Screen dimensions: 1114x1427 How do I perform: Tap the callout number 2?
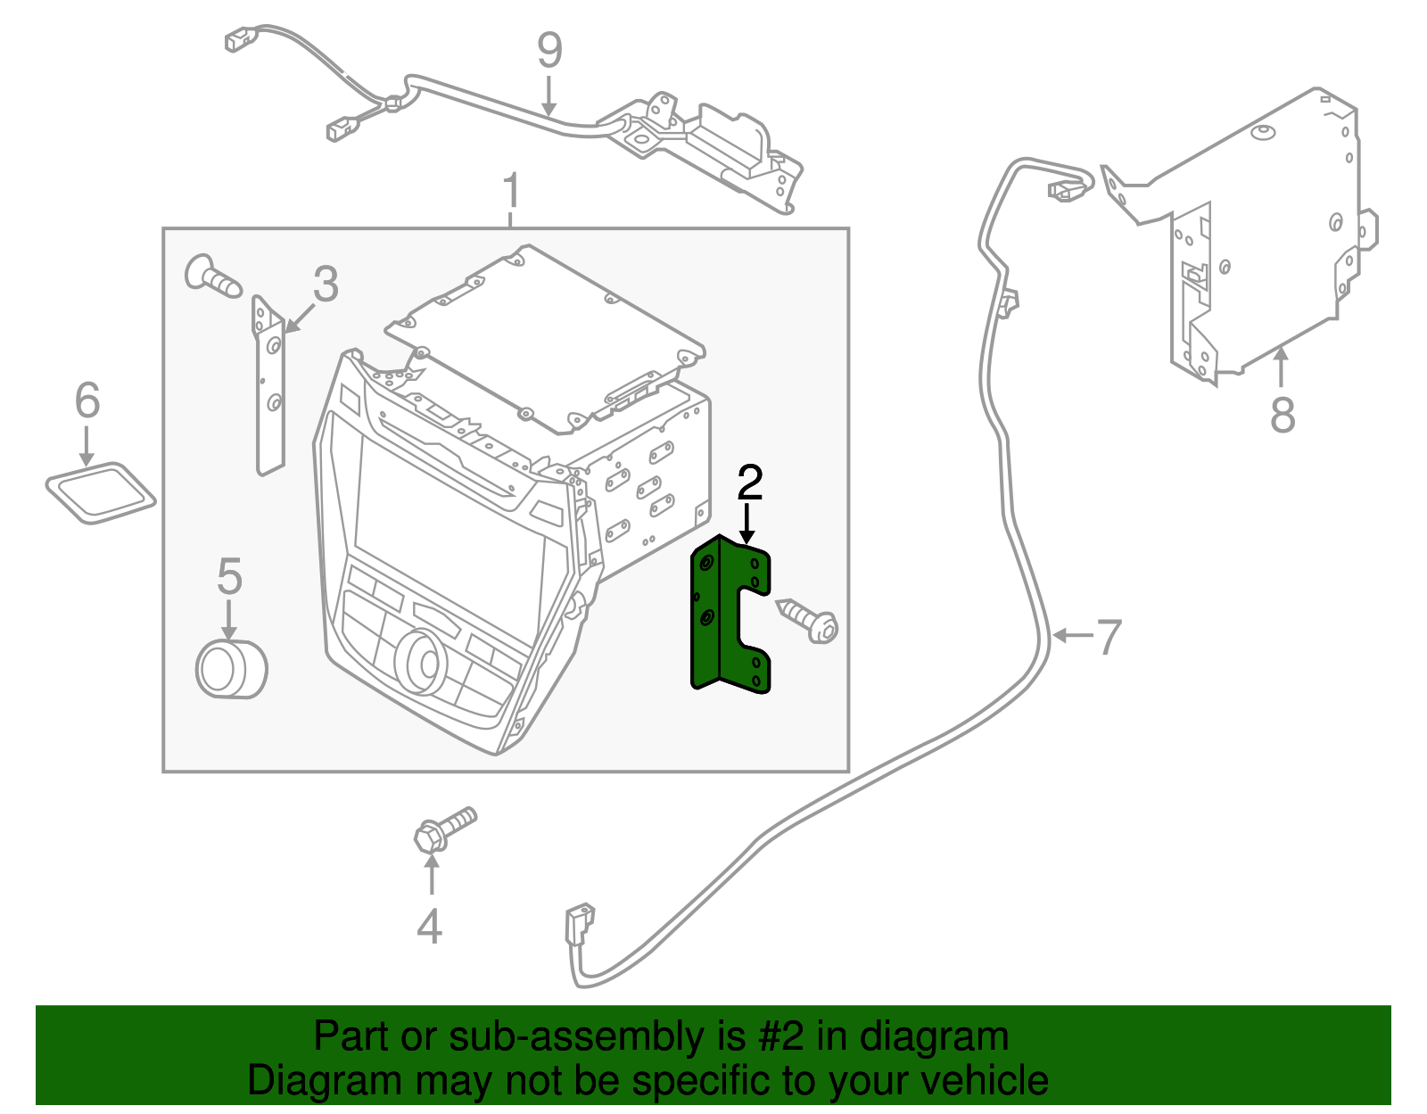tap(749, 483)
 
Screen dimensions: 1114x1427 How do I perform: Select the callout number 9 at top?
tap(549, 51)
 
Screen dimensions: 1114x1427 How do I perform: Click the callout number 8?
tap(1282, 415)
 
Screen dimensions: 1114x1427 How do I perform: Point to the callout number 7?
tap(1108, 637)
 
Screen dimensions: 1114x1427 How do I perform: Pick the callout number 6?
tap(87, 400)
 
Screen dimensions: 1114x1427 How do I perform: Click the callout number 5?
tap(229, 577)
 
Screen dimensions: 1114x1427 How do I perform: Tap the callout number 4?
tap(430, 926)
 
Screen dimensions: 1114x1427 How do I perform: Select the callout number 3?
tap(326, 285)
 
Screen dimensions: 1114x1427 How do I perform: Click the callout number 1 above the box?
tap(510, 192)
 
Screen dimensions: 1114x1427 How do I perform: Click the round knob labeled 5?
tap(231, 670)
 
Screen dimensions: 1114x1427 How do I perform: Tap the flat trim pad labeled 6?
tap(100, 492)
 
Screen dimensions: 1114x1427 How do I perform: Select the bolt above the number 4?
tap(444, 829)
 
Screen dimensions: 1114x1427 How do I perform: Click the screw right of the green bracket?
tap(809, 619)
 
